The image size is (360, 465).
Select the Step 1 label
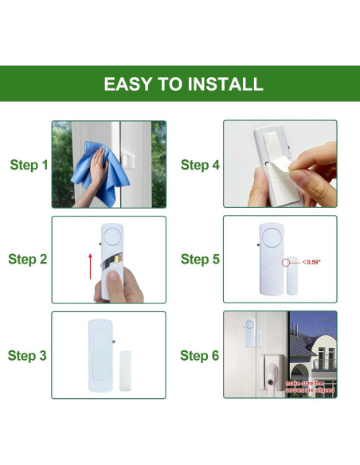point(29,165)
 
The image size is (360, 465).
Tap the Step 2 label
point(29,260)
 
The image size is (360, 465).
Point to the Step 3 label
point(29,355)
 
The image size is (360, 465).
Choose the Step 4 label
point(200,165)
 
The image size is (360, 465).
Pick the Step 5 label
point(200,260)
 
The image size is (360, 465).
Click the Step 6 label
point(200,355)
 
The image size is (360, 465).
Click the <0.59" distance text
point(311,261)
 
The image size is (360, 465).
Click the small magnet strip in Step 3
point(123,357)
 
